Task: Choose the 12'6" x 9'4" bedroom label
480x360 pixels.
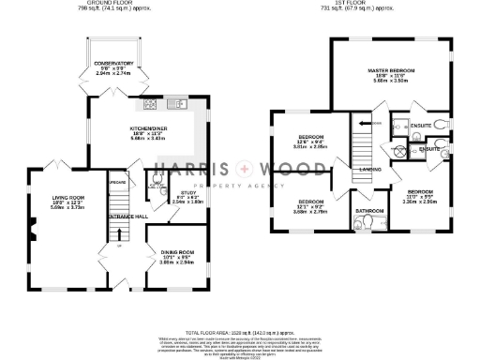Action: click(310, 141)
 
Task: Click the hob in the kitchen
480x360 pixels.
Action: click(150, 105)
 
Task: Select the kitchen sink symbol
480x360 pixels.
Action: click(179, 104)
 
